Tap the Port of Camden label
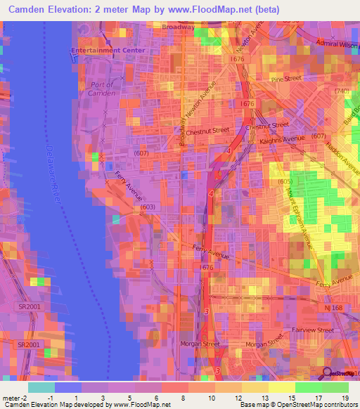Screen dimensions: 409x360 (x=103, y=88)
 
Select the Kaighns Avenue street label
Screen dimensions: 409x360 (x=282, y=138)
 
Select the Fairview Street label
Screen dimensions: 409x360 (x=315, y=330)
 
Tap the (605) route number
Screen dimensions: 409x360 (x=284, y=182)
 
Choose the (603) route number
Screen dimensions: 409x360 (x=148, y=207)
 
